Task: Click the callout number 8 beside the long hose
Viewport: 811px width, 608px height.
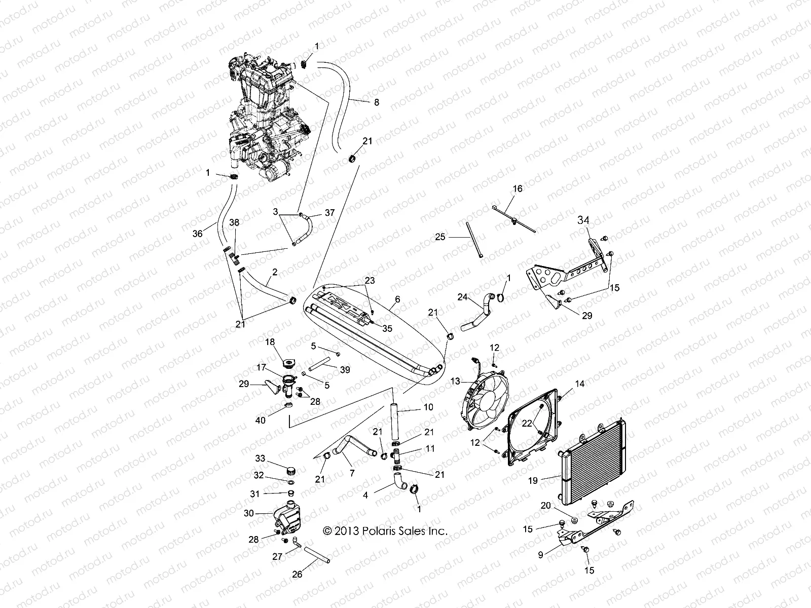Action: pos(376,102)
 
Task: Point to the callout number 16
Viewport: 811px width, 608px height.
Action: pos(517,188)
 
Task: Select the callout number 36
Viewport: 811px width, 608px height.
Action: pos(197,233)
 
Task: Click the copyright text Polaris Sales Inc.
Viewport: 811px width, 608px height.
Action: pos(385,530)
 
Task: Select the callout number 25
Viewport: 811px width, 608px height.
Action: pos(440,237)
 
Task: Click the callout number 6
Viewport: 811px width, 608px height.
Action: pos(397,299)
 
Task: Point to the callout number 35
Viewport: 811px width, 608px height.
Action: pos(387,328)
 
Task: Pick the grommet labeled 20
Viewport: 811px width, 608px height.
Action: pos(574,520)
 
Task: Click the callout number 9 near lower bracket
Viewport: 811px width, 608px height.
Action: pos(540,555)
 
